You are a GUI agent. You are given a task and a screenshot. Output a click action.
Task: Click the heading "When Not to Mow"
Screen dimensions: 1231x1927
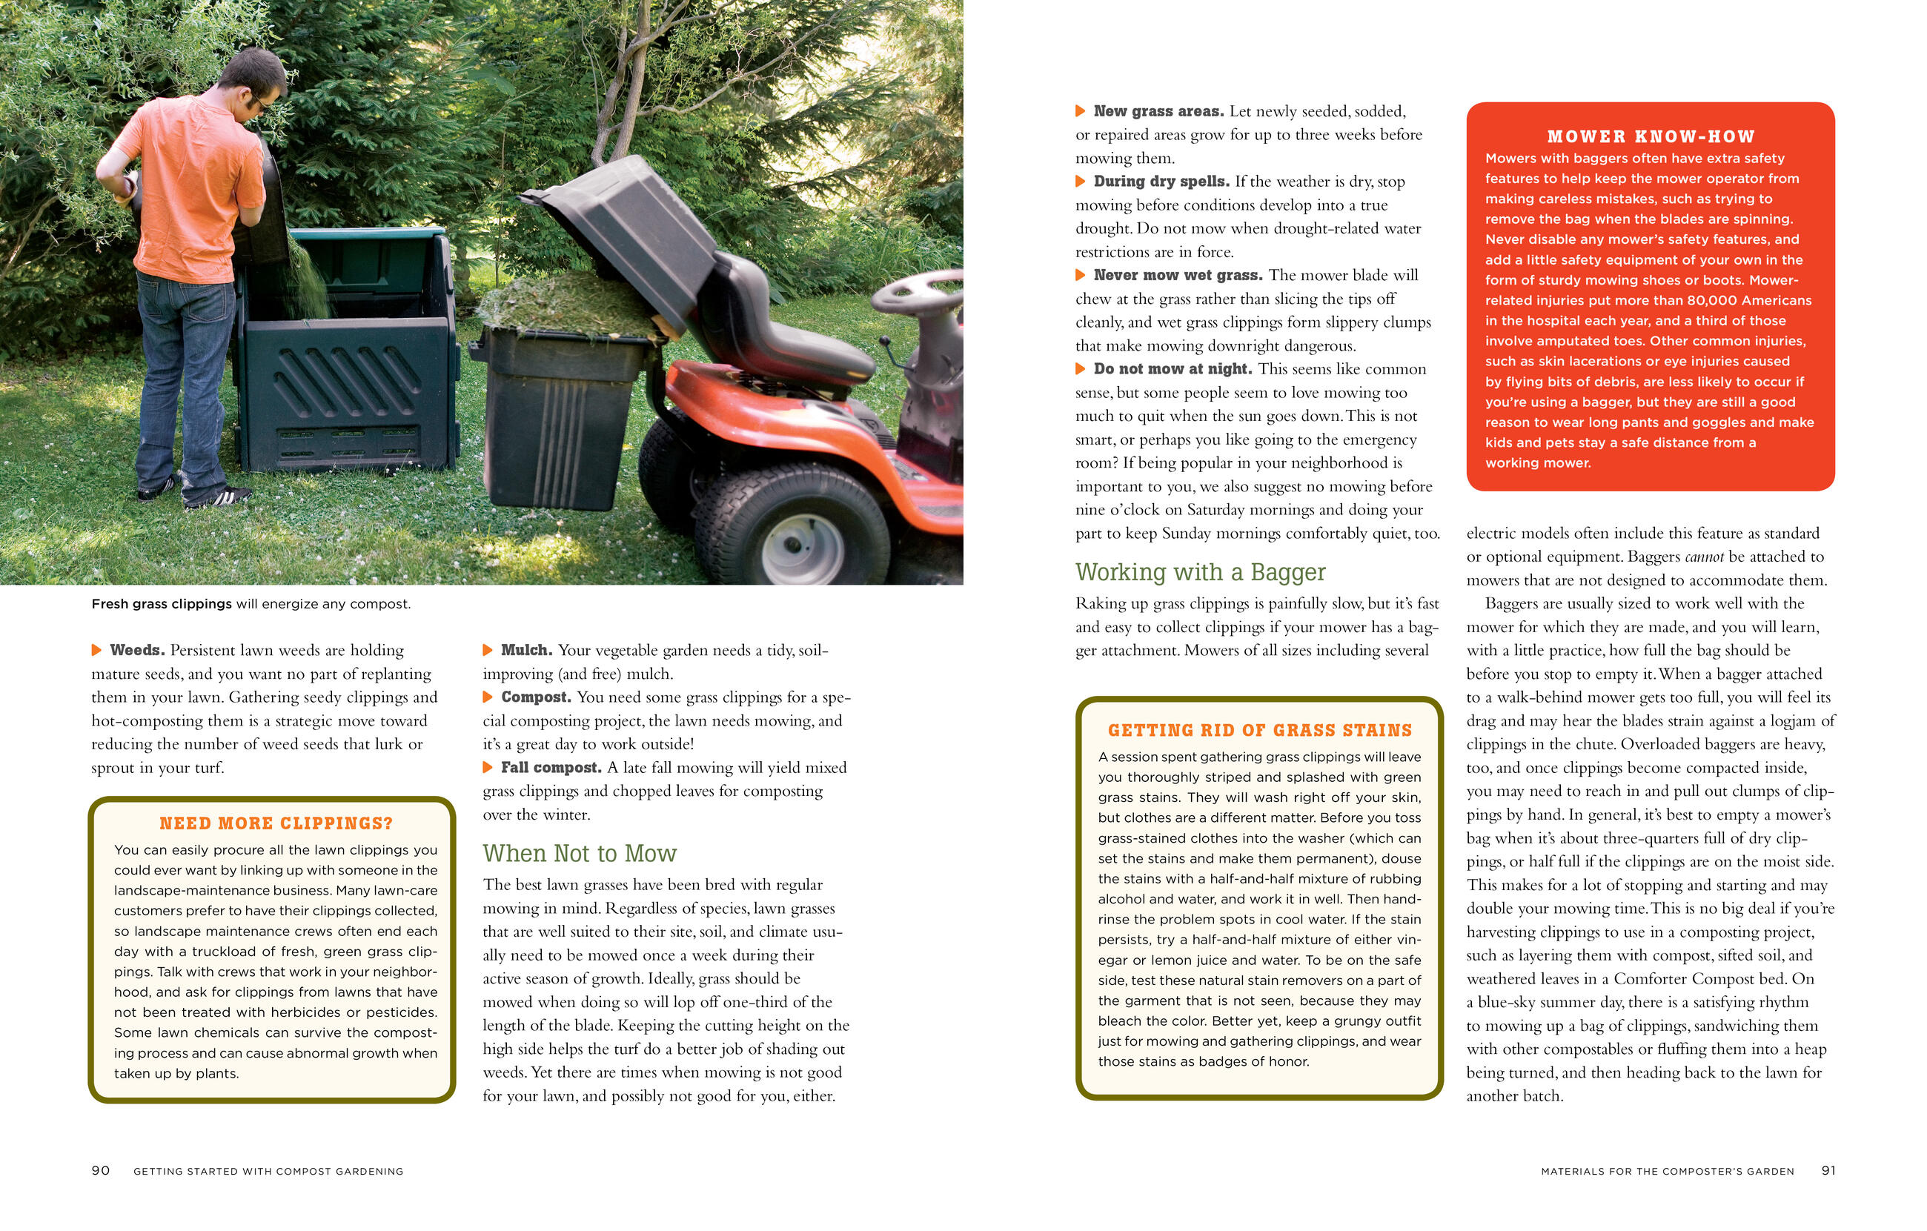[x=580, y=853]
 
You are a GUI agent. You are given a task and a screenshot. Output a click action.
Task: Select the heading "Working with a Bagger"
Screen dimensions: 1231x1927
[x=1201, y=572]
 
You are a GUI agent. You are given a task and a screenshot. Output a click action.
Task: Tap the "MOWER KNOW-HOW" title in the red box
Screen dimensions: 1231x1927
[x=1651, y=137]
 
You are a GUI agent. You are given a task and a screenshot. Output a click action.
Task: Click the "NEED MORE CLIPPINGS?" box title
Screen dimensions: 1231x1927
[x=276, y=823]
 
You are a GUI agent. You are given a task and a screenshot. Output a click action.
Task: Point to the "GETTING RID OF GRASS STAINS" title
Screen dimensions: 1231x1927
[x=1260, y=730]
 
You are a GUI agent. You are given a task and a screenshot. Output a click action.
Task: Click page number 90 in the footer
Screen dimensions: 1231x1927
[x=101, y=1170]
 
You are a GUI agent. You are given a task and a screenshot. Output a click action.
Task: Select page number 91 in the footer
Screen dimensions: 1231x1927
[x=1828, y=1170]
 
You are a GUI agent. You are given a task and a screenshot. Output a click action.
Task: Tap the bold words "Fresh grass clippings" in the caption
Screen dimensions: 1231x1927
[x=162, y=603]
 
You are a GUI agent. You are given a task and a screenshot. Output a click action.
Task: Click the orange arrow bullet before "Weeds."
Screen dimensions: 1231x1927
[x=97, y=650]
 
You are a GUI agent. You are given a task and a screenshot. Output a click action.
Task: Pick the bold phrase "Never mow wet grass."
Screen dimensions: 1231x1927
[x=1178, y=276]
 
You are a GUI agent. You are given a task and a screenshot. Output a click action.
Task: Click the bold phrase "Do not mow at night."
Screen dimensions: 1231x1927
[x=1173, y=369]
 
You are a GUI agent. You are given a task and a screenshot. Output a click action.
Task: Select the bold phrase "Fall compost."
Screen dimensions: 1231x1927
[x=551, y=768]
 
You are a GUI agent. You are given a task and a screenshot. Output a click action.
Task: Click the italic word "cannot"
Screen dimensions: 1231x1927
[x=1704, y=557]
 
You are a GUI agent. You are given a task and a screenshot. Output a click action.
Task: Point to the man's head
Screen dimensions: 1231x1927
[x=252, y=80]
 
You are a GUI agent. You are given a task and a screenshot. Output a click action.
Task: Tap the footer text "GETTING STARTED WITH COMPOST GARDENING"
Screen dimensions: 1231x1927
[x=268, y=1171]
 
